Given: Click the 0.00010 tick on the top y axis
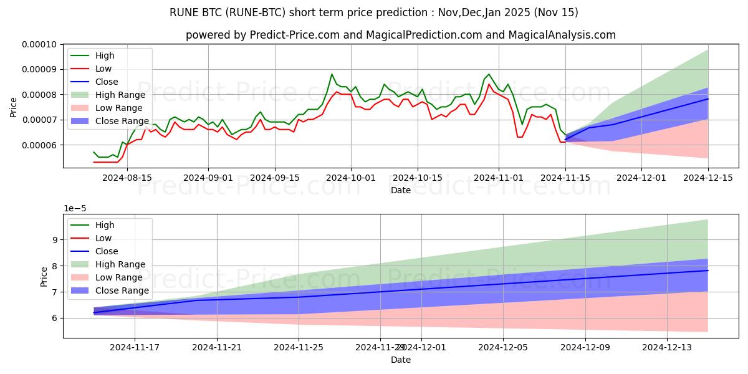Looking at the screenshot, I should (x=40, y=44).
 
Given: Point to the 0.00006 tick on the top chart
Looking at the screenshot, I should (x=40, y=145).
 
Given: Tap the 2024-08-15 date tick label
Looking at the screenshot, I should (x=127, y=178).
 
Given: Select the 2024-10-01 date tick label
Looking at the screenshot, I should (x=351, y=178).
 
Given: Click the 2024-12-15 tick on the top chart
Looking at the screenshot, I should (x=707, y=178).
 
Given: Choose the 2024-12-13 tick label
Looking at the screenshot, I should (x=667, y=347).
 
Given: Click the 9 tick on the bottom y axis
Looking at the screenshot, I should (x=55, y=240).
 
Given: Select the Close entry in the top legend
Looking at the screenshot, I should (x=107, y=82).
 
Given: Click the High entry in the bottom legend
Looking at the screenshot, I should (x=105, y=225).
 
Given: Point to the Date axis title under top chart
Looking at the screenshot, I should (x=400, y=190).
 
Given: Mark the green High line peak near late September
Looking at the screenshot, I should (x=332, y=74).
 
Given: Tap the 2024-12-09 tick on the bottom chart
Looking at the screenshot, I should (x=585, y=347).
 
